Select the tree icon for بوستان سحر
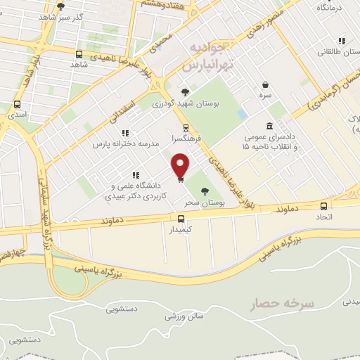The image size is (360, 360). [205, 191]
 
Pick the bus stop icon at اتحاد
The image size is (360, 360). [323, 206]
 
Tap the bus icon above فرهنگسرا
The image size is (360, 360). [185, 128]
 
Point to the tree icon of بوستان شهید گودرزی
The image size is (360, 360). [185, 91]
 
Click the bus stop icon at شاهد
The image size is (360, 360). [78, 53]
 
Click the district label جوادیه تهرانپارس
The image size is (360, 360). [207, 57]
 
